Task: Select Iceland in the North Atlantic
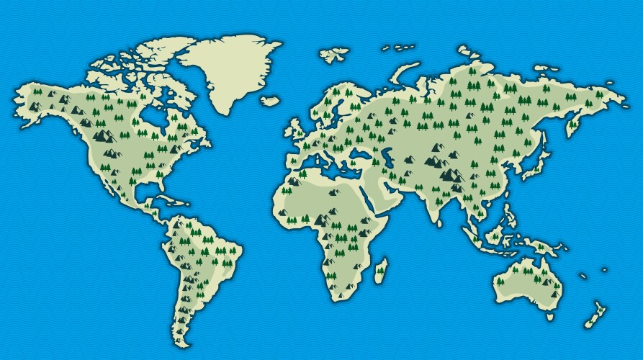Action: [270, 102]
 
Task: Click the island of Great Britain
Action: [297, 130]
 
